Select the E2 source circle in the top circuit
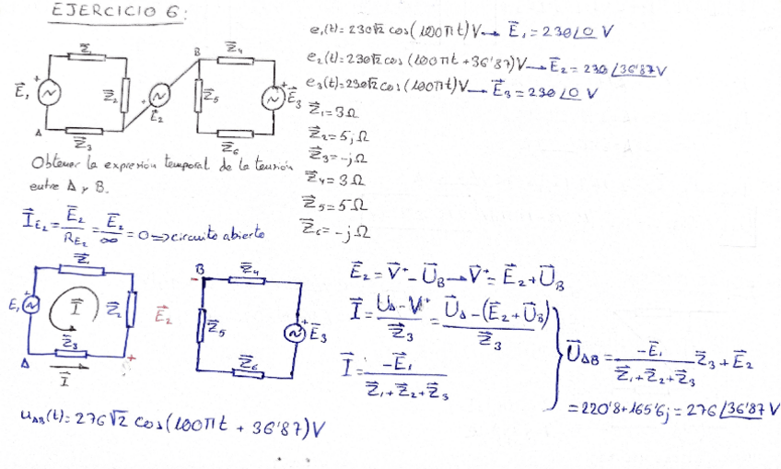coord(159,96)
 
